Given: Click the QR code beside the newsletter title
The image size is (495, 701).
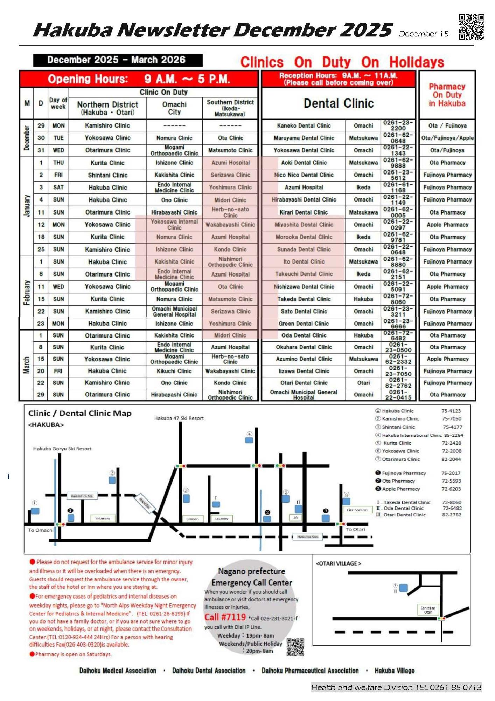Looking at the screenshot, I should click(472, 27).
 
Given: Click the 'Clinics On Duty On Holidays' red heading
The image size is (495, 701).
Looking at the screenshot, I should click(342, 62).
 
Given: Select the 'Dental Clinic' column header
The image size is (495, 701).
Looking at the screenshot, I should click(338, 103).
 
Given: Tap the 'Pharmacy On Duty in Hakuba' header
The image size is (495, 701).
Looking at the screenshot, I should click(447, 95).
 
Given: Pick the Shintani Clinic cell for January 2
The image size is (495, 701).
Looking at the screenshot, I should click(107, 175).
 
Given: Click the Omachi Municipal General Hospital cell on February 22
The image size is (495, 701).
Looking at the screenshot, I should click(174, 312).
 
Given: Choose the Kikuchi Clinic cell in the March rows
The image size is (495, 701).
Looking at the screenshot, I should click(174, 371).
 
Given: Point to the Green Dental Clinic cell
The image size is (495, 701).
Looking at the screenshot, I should click(304, 324).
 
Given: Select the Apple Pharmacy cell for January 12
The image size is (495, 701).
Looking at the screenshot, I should click(447, 225).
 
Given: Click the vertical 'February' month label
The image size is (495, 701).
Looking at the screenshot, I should click(27, 293).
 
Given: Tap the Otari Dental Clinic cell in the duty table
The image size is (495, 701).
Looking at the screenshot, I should click(304, 383).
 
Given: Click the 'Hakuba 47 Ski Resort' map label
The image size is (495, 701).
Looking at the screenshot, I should click(179, 418).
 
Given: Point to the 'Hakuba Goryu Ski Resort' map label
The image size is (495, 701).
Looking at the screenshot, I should click(62, 449).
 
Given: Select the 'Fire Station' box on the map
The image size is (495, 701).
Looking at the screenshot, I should click(357, 510).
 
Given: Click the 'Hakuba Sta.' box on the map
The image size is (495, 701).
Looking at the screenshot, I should click(308, 537).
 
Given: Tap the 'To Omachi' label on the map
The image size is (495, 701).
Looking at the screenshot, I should click(41, 530).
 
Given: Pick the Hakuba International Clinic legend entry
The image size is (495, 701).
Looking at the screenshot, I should click(411, 435).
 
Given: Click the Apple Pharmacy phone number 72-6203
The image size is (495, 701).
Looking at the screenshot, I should click(451, 489).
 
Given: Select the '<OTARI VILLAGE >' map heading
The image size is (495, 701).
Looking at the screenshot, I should click(338, 564).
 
